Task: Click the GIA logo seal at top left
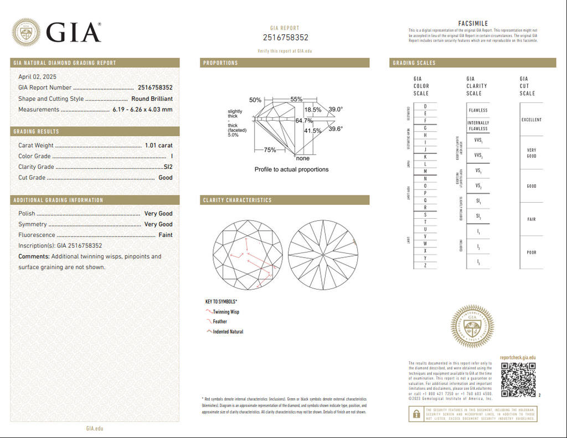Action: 27,33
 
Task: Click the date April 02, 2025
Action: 37,77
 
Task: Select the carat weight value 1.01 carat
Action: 158,146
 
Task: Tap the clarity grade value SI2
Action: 168,167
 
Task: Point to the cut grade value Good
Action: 166,178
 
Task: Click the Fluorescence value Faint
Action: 166,235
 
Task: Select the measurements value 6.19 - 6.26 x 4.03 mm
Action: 142,110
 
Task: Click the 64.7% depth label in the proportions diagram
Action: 304,120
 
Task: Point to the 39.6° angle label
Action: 336,129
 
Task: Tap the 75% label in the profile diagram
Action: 270,150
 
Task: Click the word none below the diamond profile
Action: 303,158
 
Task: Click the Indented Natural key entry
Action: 228,332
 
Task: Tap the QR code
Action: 519,379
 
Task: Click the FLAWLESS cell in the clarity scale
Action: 478,110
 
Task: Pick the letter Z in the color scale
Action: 425,266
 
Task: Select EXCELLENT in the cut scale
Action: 532,120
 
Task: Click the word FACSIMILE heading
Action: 473,23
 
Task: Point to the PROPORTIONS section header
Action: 220,63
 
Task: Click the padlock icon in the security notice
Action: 415,413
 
